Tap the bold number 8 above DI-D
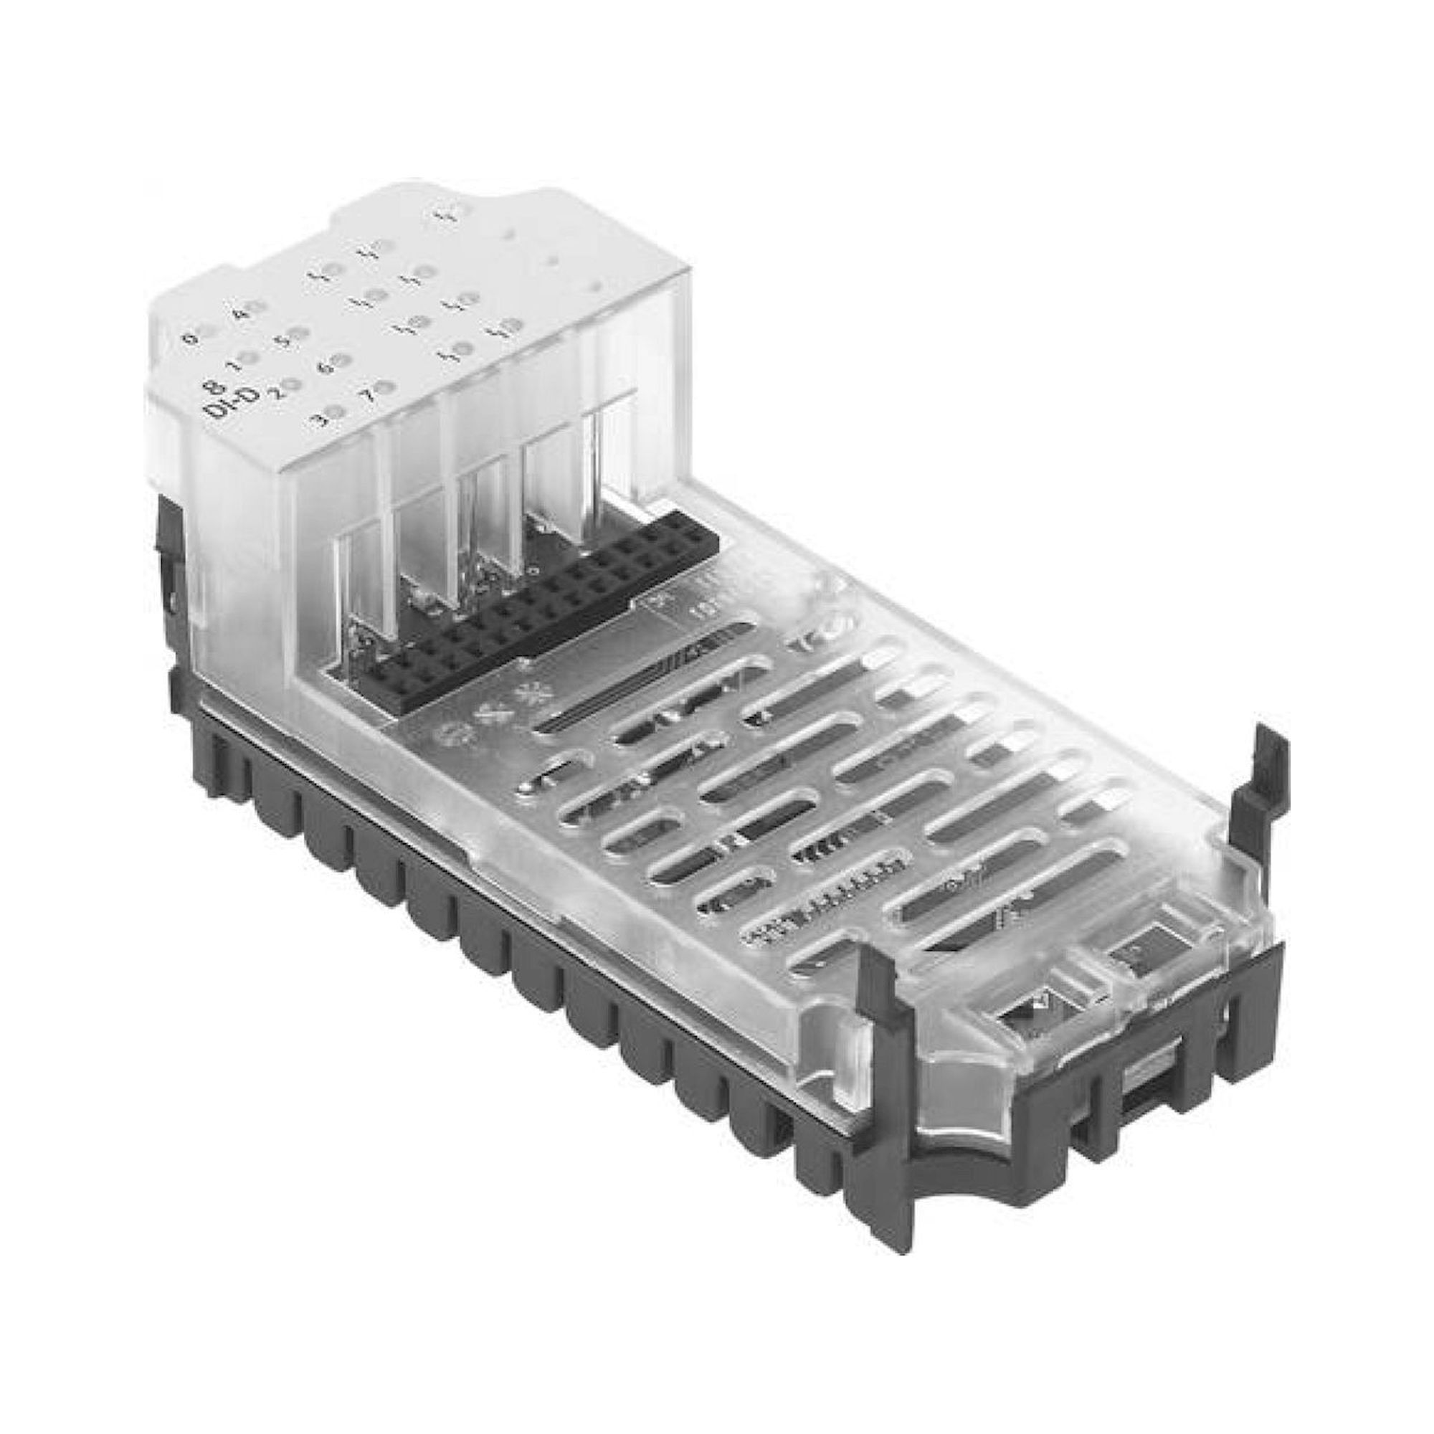pyautogui.click(x=214, y=386)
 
